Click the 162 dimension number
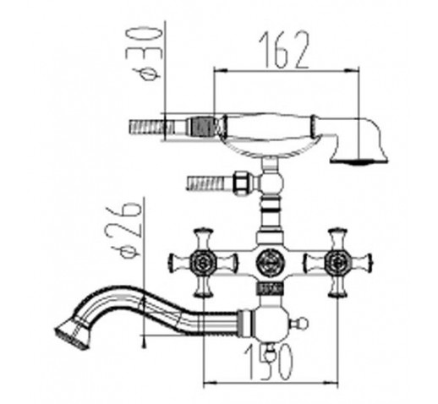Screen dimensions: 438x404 coord(284,50)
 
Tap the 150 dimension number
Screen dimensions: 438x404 coord(269,362)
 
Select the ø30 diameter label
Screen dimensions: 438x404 coord(144,53)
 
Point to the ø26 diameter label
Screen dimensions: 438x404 coord(125,230)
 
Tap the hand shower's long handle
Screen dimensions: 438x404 coord(269,126)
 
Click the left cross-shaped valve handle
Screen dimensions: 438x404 coord(203,262)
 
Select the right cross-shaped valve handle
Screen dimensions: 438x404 coord(337,262)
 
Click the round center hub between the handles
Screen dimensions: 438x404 coord(270,262)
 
